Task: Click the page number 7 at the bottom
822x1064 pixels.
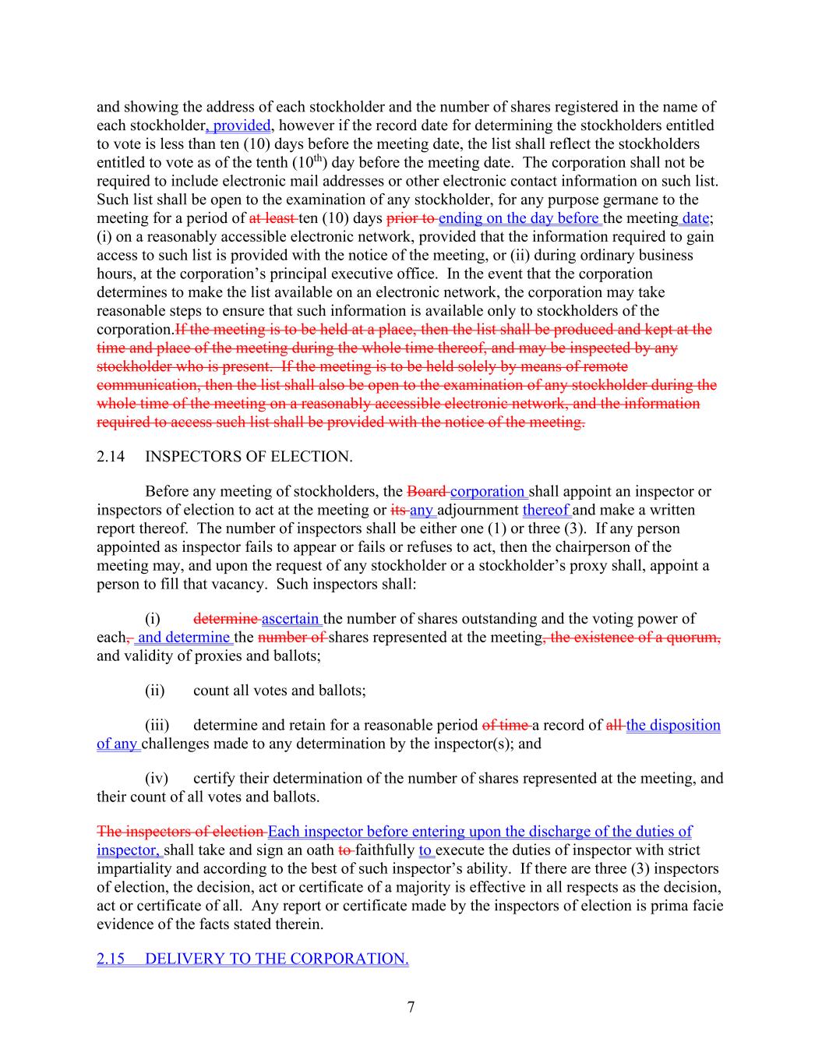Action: point(411,1007)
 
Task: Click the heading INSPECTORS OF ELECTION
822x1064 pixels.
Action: point(249,457)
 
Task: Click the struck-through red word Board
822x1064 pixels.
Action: point(426,491)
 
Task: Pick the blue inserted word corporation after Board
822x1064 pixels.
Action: point(488,491)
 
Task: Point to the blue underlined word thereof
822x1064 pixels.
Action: point(546,510)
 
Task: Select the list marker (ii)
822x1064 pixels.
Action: point(154,691)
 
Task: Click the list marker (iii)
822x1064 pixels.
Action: point(157,725)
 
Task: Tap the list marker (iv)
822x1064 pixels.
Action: point(157,778)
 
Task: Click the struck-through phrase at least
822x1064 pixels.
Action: point(272,218)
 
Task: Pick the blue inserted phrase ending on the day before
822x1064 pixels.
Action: point(518,218)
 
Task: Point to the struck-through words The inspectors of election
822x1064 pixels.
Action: point(180,831)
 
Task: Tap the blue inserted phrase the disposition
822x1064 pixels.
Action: point(673,725)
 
